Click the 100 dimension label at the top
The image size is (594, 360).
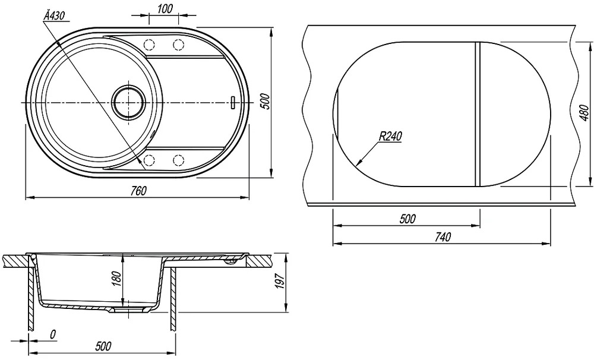point(165,9)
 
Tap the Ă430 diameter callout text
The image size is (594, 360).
point(55,15)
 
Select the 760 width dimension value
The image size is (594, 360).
point(138,191)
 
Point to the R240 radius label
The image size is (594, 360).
point(390,136)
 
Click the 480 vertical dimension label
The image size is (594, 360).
point(584,113)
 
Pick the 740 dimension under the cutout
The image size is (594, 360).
point(443,237)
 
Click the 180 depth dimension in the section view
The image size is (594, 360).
point(117,279)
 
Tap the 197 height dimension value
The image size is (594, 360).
point(280,281)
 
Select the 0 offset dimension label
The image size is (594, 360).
point(53,334)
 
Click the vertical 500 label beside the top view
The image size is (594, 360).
point(266,101)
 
